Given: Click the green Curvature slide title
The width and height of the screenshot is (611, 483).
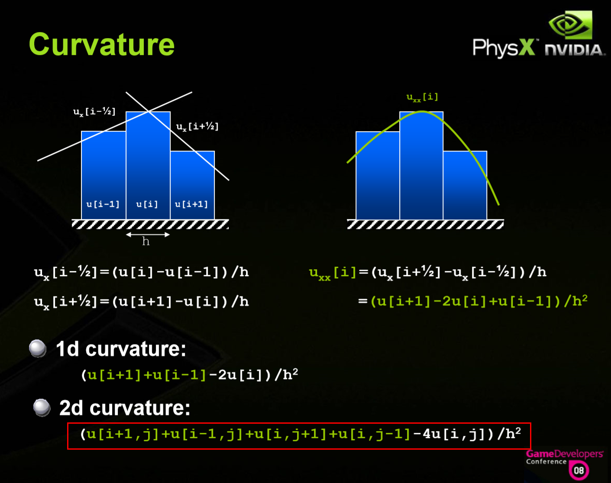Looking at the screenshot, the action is (x=102, y=45).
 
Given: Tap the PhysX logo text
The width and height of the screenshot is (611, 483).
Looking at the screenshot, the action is (x=504, y=48).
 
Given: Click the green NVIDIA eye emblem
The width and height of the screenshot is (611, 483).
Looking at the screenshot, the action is (x=570, y=25).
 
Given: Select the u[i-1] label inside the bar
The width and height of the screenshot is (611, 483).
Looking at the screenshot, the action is (x=103, y=204).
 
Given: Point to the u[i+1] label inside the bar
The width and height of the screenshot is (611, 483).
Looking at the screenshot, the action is (x=191, y=204).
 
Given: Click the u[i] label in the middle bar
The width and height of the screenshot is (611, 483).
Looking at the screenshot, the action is (x=147, y=204).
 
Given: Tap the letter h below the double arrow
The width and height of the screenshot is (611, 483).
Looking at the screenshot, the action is (x=145, y=241).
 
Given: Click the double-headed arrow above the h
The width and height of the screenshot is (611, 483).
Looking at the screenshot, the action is (x=148, y=235).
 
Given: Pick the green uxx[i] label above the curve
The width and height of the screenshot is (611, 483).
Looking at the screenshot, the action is (x=422, y=98).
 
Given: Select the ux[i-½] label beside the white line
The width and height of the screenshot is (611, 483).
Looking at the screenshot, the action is (x=94, y=112).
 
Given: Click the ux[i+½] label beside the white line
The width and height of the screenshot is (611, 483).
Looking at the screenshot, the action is (x=197, y=127).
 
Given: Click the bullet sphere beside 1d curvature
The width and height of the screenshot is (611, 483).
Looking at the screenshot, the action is (x=38, y=348).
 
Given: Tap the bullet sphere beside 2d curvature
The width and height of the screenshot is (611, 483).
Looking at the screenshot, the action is (x=42, y=408).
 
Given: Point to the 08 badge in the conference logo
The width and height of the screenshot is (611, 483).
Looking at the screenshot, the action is (x=579, y=470).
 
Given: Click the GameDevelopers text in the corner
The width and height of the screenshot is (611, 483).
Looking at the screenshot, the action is (x=565, y=454).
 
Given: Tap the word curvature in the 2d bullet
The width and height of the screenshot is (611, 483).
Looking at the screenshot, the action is (x=140, y=408).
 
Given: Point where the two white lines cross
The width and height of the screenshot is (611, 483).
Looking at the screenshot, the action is (x=148, y=111).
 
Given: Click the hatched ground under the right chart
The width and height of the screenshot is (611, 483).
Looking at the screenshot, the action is (x=425, y=224).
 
